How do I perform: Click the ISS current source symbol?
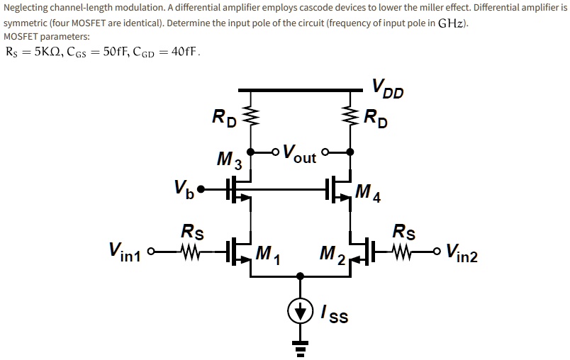coord(301,311)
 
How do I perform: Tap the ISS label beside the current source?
coord(334,313)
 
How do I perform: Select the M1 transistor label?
coord(268,253)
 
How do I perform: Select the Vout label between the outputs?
coord(298,152)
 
